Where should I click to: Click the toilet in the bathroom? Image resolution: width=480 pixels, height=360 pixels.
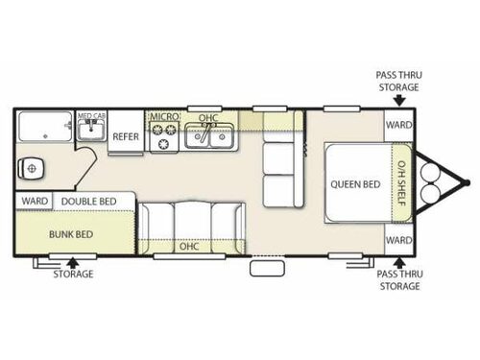click(35, 168)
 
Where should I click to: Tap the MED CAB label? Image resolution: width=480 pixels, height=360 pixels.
click(92, 116)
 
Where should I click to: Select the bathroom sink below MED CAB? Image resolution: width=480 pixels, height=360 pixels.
click(91, 130)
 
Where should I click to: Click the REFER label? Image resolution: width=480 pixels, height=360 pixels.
click(127, 136)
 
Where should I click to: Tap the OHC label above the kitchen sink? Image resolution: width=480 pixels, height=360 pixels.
click(208, 118)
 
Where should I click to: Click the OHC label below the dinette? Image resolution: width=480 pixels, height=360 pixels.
click(189, 245)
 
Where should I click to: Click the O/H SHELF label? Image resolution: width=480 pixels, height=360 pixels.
click(402, 182)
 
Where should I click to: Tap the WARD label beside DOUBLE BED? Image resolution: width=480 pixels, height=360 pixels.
click(34, 202)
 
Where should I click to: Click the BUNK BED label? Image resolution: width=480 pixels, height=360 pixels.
click(72, 233)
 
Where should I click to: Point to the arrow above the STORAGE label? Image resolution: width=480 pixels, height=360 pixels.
click(73, 259)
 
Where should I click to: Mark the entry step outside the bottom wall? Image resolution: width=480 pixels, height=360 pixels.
click(267, 268)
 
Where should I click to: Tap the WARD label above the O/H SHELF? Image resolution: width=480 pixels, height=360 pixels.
click(397, 125)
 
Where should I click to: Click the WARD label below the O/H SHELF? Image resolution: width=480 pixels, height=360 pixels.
click(397, 239)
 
